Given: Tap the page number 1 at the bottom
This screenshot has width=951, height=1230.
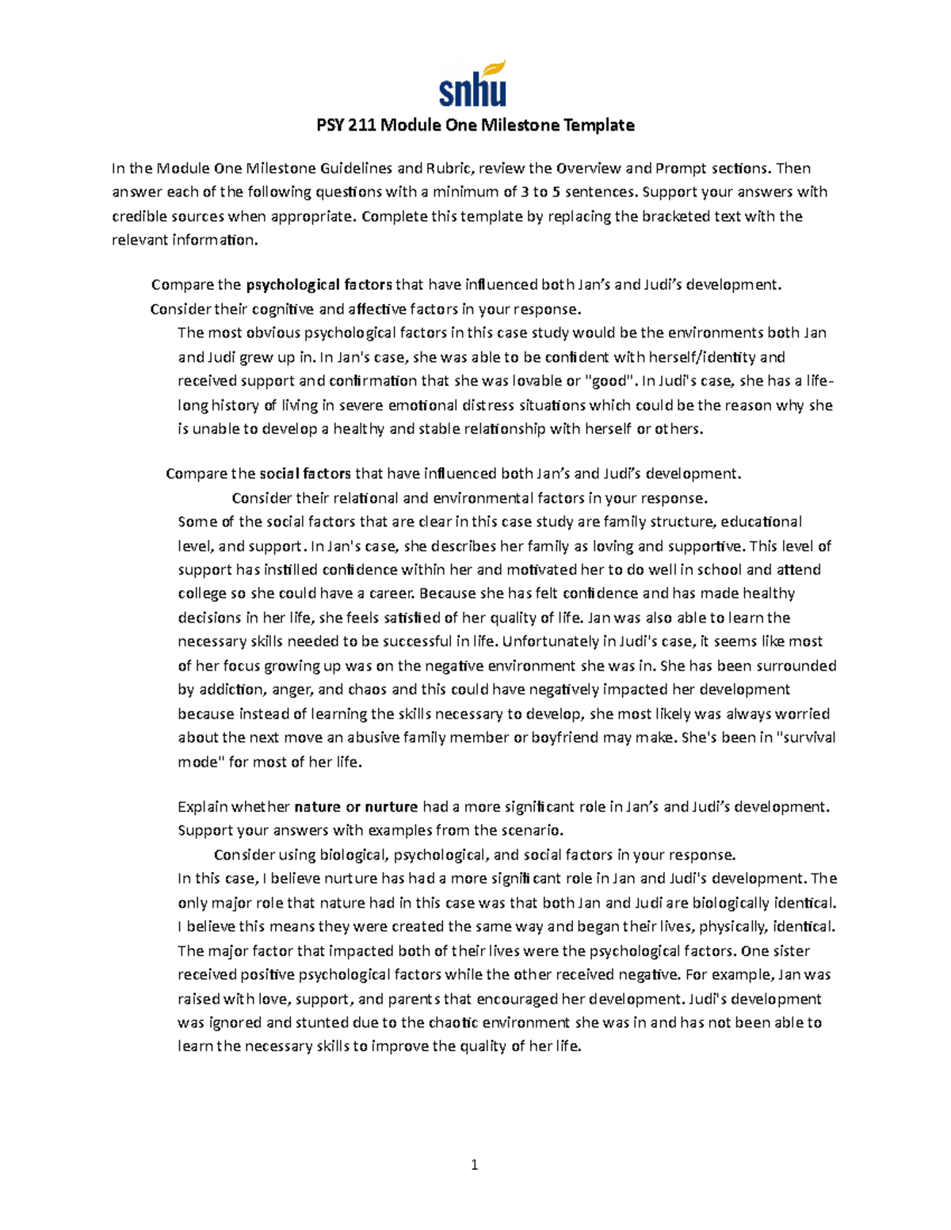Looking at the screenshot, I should (474, 1164).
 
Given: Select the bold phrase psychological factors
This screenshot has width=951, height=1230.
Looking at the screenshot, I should (319, 285).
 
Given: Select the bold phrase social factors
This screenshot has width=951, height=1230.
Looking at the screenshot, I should (305, 474).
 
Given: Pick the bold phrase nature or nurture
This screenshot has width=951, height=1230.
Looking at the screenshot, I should (356, 807).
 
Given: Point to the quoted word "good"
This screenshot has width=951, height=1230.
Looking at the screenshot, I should (610, 381).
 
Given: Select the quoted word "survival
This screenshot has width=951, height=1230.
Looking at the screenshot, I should (804, 737).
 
